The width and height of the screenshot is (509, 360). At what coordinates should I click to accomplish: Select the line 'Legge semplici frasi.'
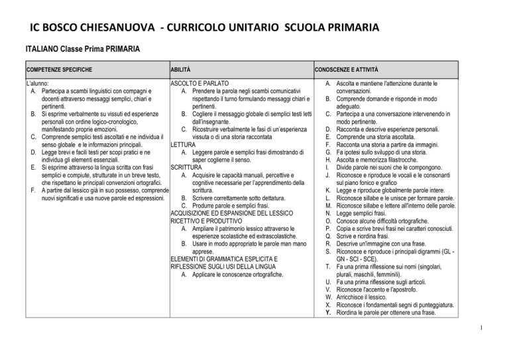coord(368,213)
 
